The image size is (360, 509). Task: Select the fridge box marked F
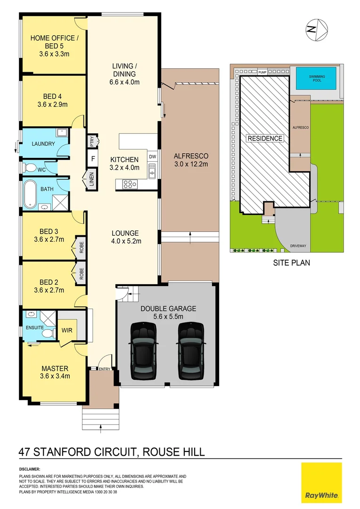tap(93, 159)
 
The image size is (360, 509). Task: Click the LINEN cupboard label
tap(91, 181)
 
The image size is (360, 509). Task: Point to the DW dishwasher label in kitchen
tap(152, 156)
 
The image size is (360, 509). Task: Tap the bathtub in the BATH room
tap(31, 194)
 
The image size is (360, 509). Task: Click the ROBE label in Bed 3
tap(82, 247)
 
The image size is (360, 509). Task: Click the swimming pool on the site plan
tap(316, 78)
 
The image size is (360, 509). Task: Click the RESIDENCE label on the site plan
tap(265, 139)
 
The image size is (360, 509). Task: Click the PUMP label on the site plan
tap(262, 72)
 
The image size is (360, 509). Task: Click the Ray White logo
tap(321, 482)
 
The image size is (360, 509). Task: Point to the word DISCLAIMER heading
tap(30, 469)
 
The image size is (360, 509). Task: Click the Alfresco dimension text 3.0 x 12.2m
tap(190, 164)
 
